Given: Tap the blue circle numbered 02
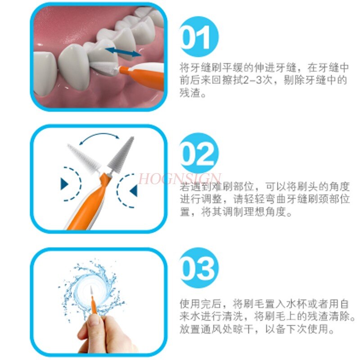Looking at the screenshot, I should coord(198,155).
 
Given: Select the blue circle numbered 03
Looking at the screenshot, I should coord(198,269).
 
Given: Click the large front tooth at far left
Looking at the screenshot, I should coord(45,76).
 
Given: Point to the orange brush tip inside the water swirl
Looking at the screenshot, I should coord(93,297).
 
